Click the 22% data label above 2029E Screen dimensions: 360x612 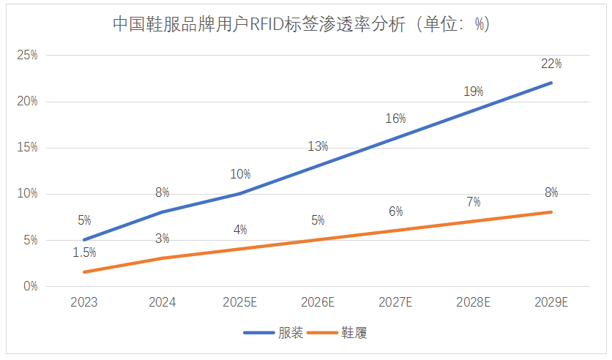551,64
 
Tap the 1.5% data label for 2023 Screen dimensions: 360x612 84,252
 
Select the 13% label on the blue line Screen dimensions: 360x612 318,146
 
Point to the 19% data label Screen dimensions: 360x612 474,91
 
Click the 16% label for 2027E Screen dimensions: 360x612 395,119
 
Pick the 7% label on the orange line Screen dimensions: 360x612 474,202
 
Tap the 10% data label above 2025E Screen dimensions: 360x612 240,174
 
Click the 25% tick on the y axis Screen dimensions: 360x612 27,55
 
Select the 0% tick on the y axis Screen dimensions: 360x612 30,286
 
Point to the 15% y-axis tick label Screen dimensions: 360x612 27,147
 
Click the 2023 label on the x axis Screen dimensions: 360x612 84,302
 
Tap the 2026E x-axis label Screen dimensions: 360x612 318,302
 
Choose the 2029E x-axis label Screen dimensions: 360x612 551,302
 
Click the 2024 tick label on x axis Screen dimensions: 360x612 162,302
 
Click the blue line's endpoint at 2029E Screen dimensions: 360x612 551,83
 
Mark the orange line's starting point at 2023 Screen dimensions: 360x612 84,272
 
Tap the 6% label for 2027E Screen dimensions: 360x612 395,211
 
